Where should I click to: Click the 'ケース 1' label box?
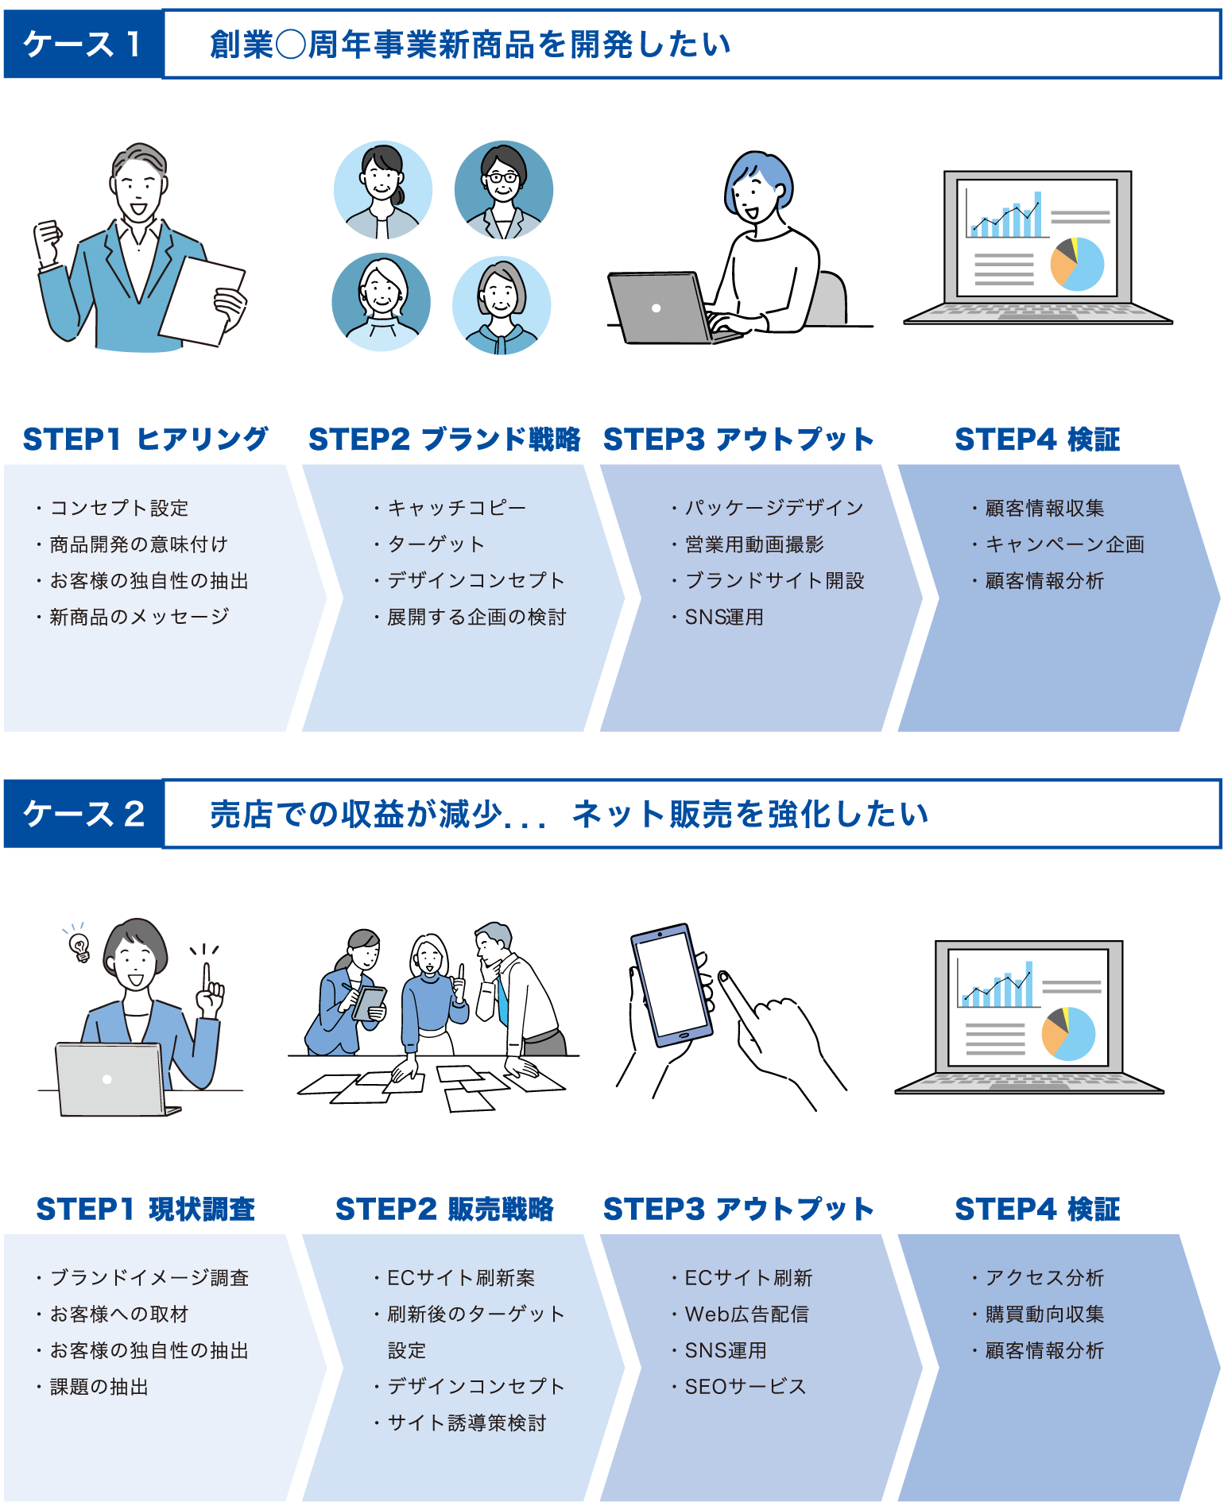83,45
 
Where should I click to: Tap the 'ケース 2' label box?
83,814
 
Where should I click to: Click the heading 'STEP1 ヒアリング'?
145,439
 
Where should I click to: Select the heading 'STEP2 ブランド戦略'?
444,439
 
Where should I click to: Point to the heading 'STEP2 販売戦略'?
444,1209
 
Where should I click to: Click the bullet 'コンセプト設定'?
119,508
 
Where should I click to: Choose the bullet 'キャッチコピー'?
456,508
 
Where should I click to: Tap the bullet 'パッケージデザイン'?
773,508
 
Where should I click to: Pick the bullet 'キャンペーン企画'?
1064,544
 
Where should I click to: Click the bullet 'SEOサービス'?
745,1387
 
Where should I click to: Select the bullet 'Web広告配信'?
746,1314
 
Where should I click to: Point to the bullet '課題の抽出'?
99,1387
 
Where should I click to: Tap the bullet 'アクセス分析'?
1044,1278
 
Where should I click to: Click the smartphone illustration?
672,985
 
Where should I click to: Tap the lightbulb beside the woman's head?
79,944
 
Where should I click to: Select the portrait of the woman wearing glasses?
504,191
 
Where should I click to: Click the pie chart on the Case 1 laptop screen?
1078,264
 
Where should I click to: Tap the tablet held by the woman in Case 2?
368,1003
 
